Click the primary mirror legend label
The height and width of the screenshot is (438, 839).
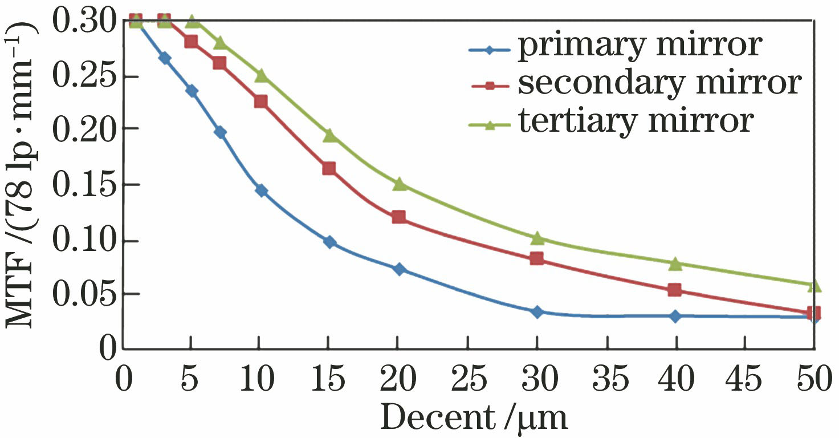pos(638,47)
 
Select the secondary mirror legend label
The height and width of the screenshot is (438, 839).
pos(660,84)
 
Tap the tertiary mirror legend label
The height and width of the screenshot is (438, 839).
pos(636,121)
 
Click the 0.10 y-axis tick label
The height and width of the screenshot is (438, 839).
pos(85,241)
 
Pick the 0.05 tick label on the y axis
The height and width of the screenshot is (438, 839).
pos(85,294)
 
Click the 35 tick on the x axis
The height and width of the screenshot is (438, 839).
pos(607,379)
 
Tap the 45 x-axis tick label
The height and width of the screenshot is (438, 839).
pos(746,379)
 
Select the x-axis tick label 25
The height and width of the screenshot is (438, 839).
pos(468,379)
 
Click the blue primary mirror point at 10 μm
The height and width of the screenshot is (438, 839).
pos(261,190)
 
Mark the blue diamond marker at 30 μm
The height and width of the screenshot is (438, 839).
pos(537,312)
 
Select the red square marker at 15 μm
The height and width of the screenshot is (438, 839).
pos(329,168)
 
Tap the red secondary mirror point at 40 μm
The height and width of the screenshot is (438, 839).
pos(675,290)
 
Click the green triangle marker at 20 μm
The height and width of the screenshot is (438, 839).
pos(399,184)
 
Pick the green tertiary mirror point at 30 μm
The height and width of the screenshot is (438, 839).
pos(537,237)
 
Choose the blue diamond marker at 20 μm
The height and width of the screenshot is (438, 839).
pos(399,269)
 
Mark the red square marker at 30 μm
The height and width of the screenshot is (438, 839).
pos(537,258)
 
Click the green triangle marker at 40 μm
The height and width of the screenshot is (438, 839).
pos(675,263)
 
